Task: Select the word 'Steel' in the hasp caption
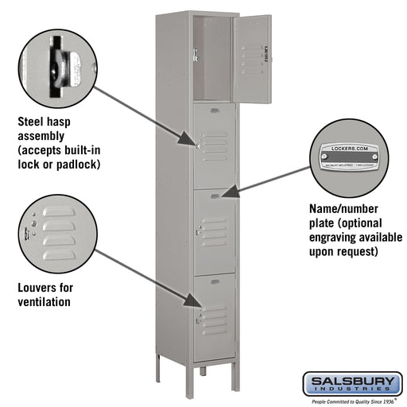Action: [33, 122]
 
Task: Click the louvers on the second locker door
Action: [214, 143]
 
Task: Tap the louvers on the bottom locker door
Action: [214, 321]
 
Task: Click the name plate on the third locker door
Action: [215, 196]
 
